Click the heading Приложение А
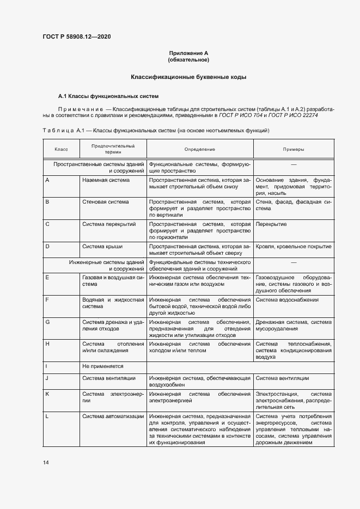click(x=188, y=53)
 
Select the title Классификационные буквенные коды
click(x=188, y=78)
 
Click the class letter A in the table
click(x=47, y=180)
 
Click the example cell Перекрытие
click(x=271, y=224)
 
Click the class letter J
click(x=47, y=378)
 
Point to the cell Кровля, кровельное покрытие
click(x=293, y=247)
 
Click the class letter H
click(x=47, y=344)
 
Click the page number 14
click(x=46, y=463)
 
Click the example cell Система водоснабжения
click(x=287, y=299)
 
